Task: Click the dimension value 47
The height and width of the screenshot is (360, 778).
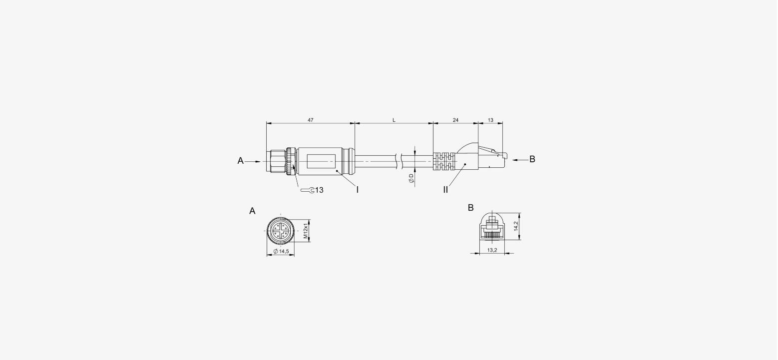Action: click(x=311, y=120)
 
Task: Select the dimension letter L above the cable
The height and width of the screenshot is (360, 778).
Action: click(x=394, y=120)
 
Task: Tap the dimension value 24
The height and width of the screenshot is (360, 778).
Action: click(x=455, y=120)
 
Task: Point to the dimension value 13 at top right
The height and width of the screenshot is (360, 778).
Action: click(x=490, y=120)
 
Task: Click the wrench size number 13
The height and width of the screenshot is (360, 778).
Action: click(x=319, y=190)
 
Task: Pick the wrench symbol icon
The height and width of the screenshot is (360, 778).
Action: click(x=308, y=190)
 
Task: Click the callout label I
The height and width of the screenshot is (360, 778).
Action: click(x=357, y=190)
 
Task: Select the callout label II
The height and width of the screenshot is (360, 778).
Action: click(x=445, y=190)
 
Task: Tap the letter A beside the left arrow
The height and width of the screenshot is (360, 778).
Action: click(x=240, y=161)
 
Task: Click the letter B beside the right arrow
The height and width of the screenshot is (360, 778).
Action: click(x=532, y=159)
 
